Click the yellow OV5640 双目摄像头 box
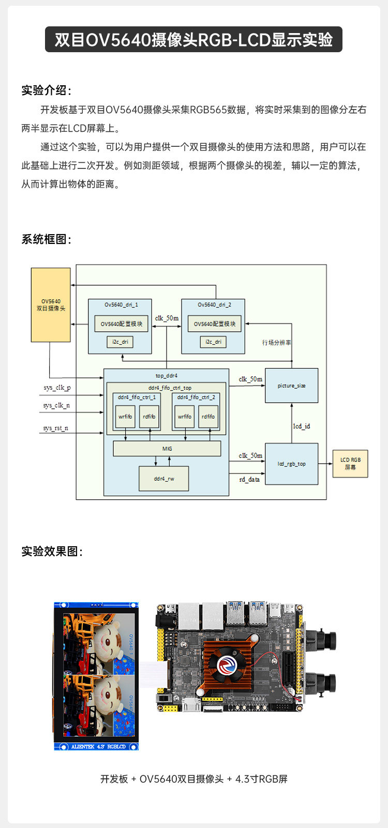(x=51, y=304)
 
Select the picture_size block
(x=291, y=386)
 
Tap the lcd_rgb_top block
(x=291, y=464)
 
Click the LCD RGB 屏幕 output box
(x=350, y=463)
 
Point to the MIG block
(x=167, y=449)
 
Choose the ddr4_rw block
(x=163, y=479)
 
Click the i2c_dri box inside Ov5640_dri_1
(x=121, y=342)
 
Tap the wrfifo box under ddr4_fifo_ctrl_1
(x=125, y=416)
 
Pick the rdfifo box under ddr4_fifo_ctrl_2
(x=208, y=416)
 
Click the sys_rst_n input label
(x=55, y=428)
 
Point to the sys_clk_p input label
(x=57, y=388)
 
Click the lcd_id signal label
(x=301, y=426)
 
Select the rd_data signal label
(x=249, y=480)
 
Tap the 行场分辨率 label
(x=276, y=343)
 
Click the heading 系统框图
(x=46, y=239)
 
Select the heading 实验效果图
(x=51, y=551)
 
